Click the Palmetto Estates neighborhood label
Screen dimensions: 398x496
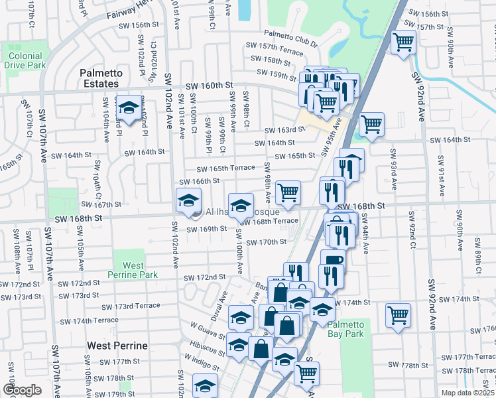(x=99, y=78)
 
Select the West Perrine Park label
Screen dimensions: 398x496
(x=133, y=271)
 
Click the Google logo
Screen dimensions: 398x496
(x=22, y=390)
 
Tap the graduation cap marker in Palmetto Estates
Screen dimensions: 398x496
(x=127, y=107)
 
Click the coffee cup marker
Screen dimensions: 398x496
(x=333, y=260)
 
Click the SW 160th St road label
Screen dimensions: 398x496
(x=210, y=86)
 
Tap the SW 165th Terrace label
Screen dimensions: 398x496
(x=224, y=168)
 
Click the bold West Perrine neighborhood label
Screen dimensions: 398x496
(x=117, y=346)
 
